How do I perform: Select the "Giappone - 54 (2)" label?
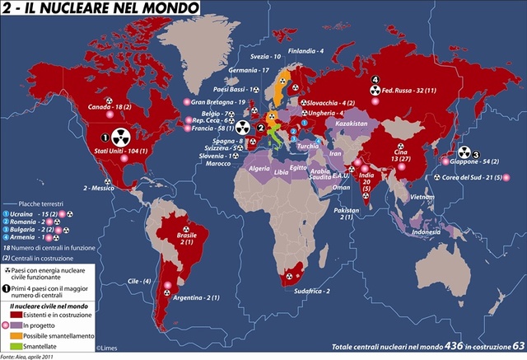point(478,162)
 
